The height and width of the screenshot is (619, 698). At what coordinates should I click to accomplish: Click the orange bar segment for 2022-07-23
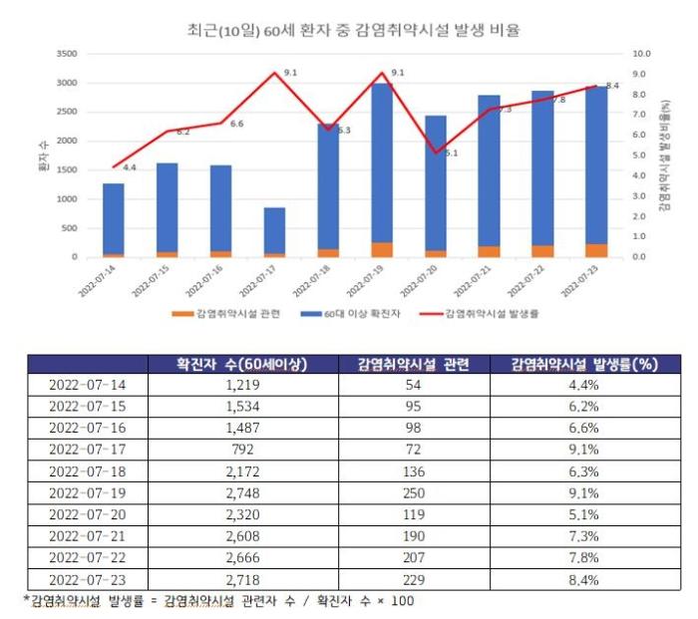point(597,250)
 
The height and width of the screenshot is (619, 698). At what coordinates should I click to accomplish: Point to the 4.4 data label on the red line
point(130,167)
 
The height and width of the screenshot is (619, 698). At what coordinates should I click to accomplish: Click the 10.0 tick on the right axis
point(641,53)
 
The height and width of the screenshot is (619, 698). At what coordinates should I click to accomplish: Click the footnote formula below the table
point(219,601)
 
